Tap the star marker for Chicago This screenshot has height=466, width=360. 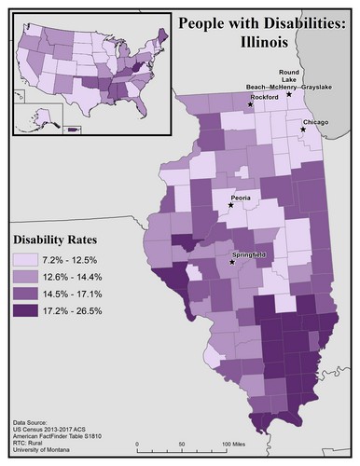pyautogui.click(x=303, y=130)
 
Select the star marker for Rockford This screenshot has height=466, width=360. pyautogui.click(x=250, y=104)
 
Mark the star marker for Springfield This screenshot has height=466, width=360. pyautogui.click(x=232, y=262)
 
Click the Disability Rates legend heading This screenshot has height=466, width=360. pyautogui.click(x=50, y=237)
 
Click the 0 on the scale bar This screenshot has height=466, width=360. pyautogui.click(x=137, y=443)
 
